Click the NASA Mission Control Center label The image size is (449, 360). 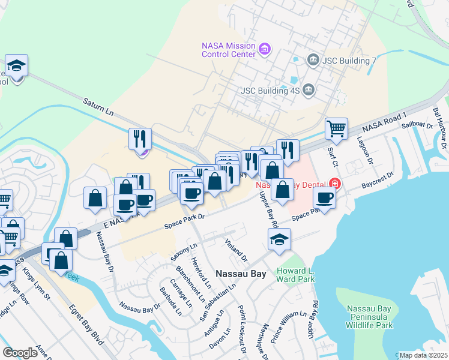tap(228, 49)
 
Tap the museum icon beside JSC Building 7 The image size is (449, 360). tap(313, 60)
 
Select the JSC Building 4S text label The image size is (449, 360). tap(269, 91)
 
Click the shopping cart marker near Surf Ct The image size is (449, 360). tap(337, 128)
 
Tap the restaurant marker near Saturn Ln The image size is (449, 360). tap(140, 139)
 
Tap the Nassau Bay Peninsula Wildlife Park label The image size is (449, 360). tap(370, 317)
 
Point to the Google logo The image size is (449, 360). tap(20, 352)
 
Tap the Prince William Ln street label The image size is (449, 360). tap(289, 326)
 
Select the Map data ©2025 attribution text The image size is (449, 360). tap(423, 355)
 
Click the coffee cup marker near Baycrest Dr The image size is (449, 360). tap(325, 198)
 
